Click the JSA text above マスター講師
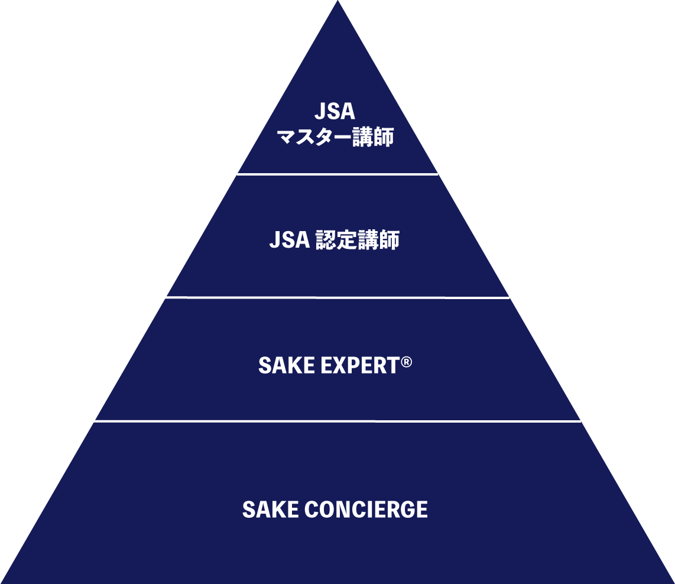tap(335, 112)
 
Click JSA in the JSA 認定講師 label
tap(289, 240)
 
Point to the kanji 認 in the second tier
tap(325, 240)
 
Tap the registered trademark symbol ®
tap(406, 362)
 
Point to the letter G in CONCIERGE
tap(406, 510)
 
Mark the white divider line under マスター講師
tap(337, 174)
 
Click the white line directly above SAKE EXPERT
tap(335, 298)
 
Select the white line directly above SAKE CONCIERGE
tap(337, 421)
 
